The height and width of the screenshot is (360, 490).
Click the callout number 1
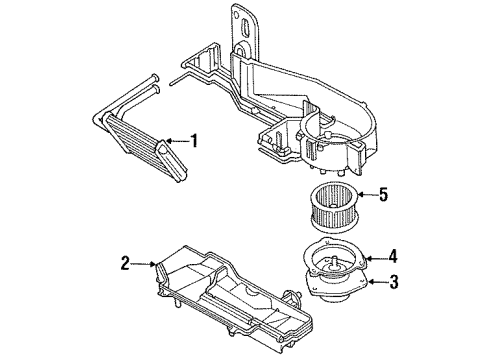(x=194, y=141)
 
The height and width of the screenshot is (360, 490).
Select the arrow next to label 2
(x=144, y=264)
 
